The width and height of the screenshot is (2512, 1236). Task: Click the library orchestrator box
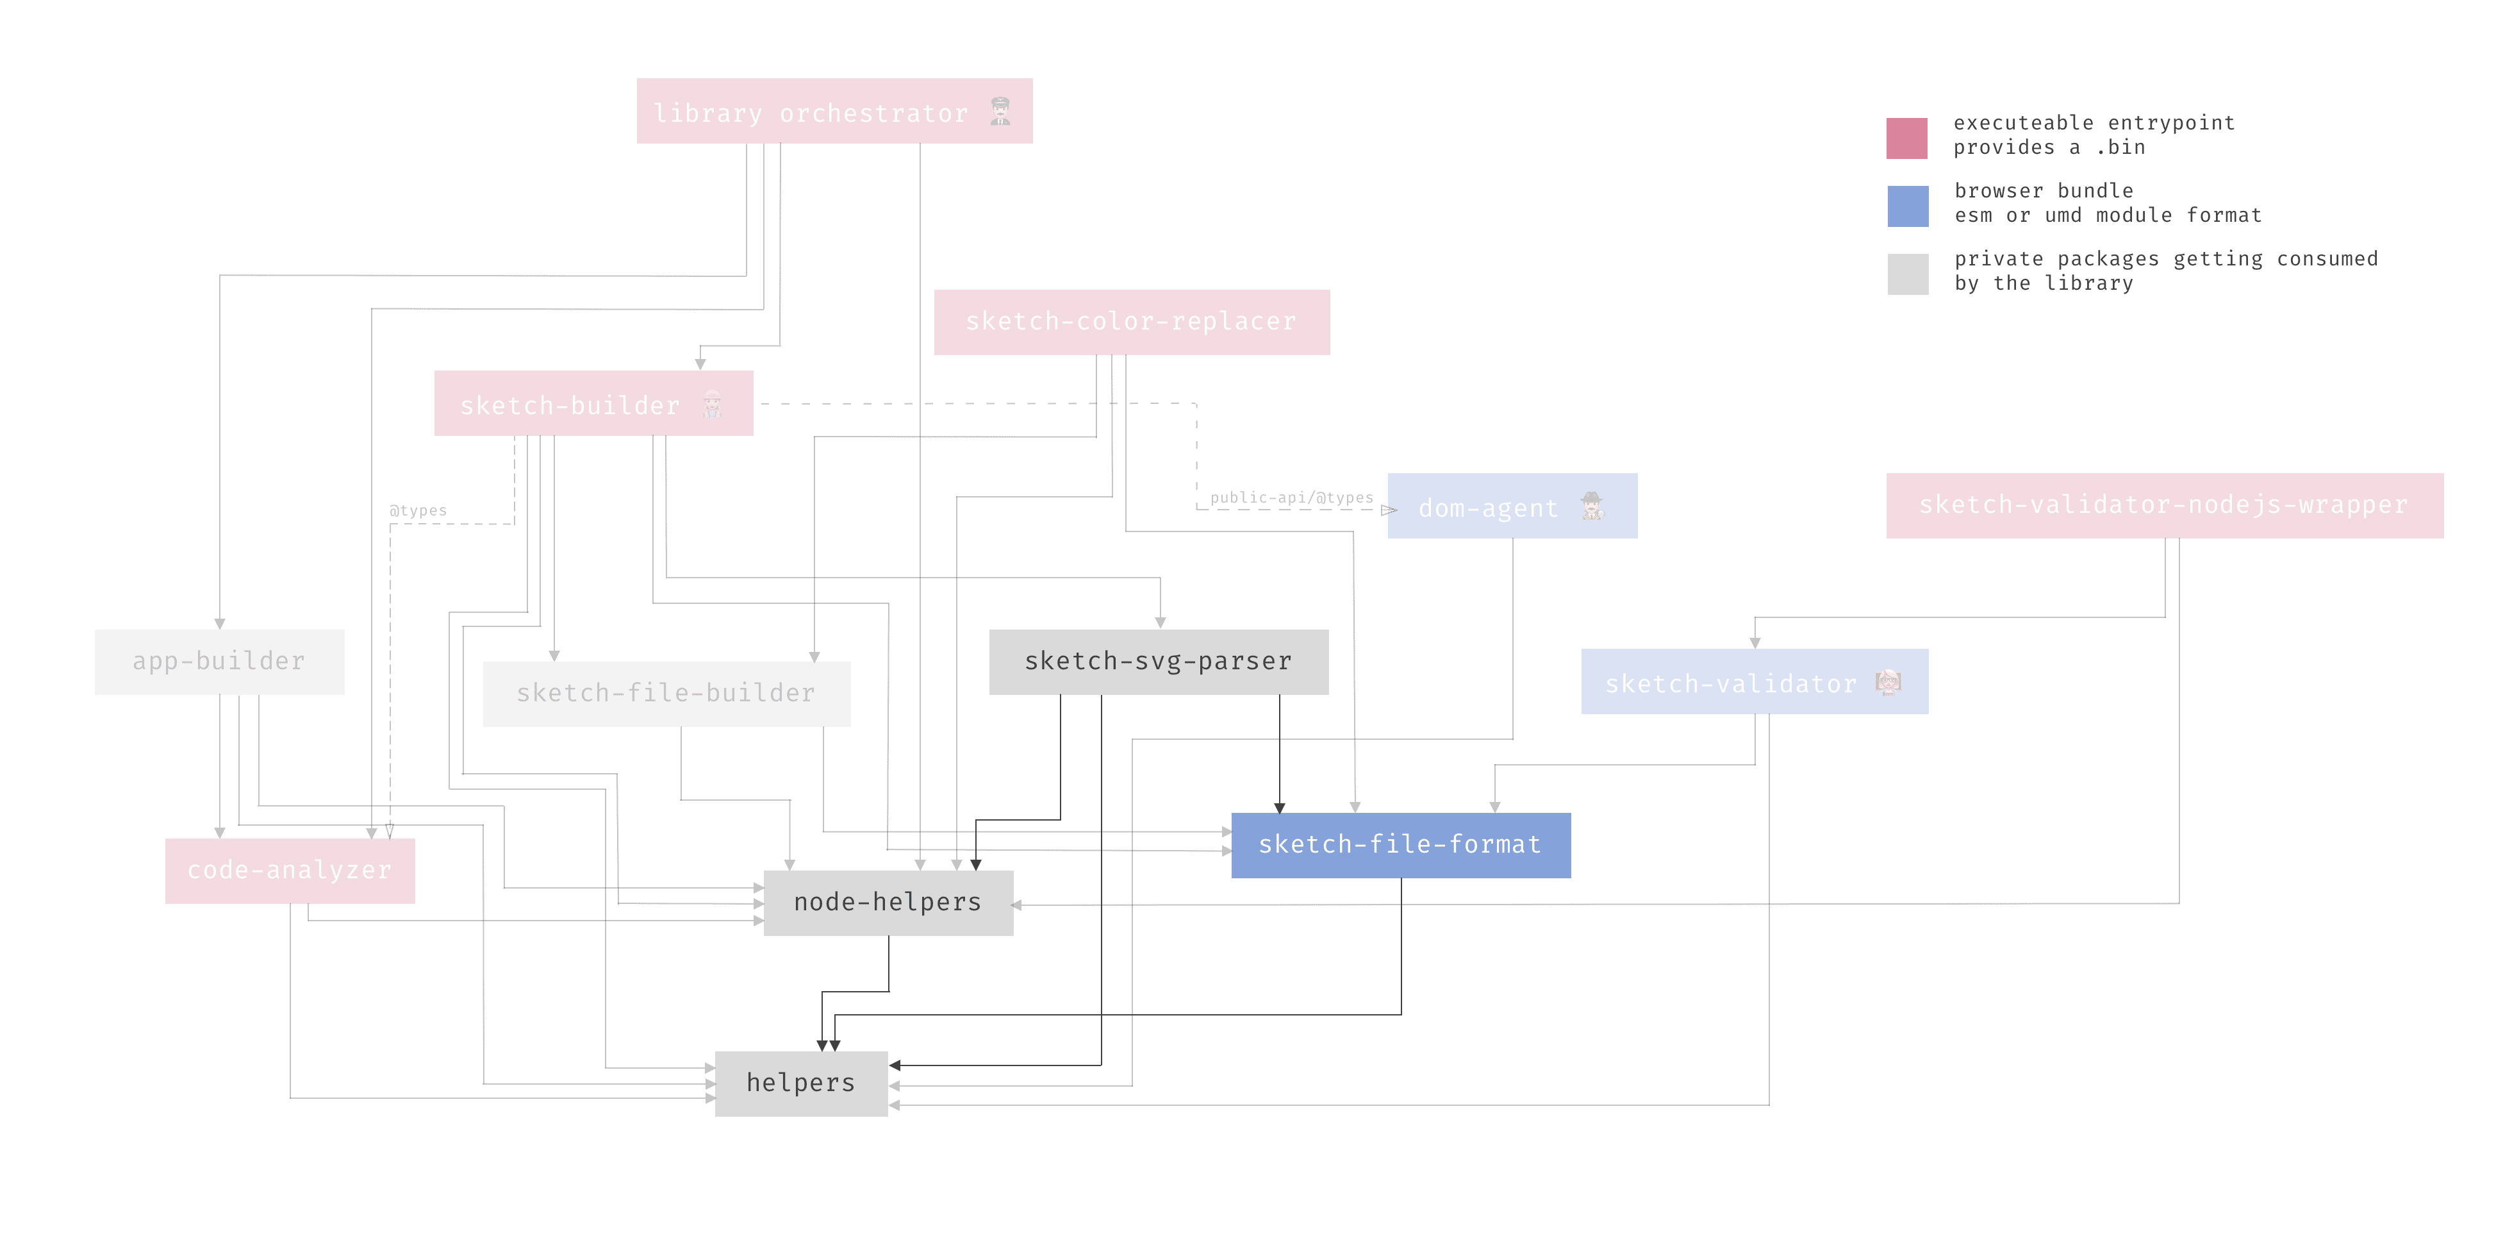pos(834,111)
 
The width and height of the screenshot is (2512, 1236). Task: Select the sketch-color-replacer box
pos(1131,322)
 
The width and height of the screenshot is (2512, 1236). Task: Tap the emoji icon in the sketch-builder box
pos(713,404)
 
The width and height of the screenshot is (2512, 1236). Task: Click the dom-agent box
pos(1512,506)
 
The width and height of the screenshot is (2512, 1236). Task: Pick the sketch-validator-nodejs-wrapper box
pos(2164,505)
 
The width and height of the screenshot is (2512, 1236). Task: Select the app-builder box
pos(219,662)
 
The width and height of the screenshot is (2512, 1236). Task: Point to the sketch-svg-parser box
pos(1159,662)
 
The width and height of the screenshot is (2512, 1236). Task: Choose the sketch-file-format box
pos(1400,845)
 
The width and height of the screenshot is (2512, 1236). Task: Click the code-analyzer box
pos(290,870)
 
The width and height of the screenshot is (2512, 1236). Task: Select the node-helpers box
pos(888,903)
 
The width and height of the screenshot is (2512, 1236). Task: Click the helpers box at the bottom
pos(800,1083)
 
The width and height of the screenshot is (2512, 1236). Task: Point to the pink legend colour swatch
pos(1906,138)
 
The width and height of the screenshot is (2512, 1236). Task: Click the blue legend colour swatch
pos(1906,206)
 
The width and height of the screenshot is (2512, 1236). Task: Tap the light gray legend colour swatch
pos(1906,274)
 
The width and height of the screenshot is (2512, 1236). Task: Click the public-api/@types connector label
pos(1291,497)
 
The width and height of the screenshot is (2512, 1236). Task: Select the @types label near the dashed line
pos(417,510)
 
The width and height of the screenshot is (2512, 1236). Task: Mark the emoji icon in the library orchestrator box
pos(1000,111)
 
